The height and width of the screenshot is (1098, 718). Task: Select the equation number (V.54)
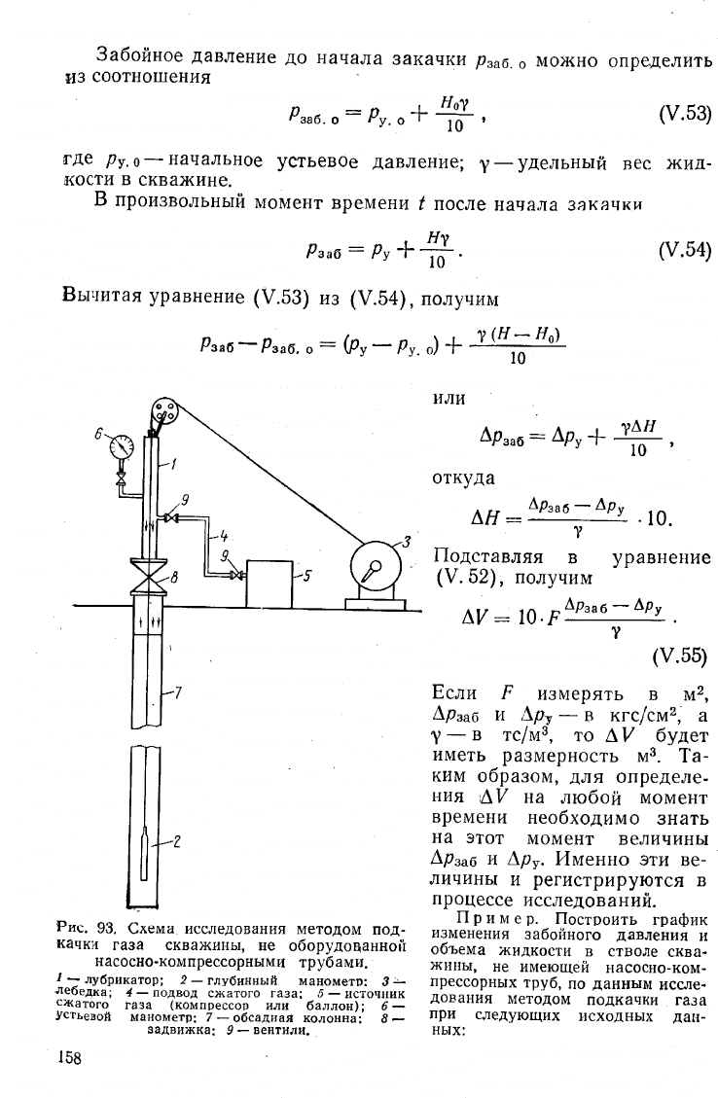click(685, 251)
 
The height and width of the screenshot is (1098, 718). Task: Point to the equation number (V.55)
click(679, 656)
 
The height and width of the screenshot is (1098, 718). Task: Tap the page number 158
click(69, 1057)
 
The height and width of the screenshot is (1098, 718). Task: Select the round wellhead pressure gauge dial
click(122, 446)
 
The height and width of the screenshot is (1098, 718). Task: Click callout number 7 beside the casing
click(178, 692)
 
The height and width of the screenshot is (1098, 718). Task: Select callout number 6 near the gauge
click(99, 433)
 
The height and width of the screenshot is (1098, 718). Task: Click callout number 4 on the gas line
click(224, 537)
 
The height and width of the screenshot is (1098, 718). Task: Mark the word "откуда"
click(464, 478)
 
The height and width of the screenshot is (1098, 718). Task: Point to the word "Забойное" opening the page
click(141, 55)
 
